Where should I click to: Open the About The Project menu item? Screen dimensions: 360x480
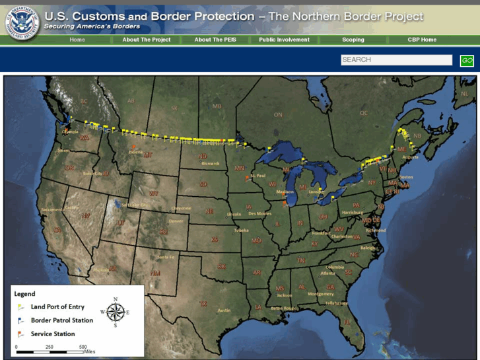click(146, 40)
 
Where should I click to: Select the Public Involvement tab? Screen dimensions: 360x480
click(284, 40)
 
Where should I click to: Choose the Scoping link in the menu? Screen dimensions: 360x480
click(353, 40)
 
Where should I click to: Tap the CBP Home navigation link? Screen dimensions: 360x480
click(422, 40)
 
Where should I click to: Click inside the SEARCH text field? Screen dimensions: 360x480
click(396, 60)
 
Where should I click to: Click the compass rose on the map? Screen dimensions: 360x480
click(115, 312)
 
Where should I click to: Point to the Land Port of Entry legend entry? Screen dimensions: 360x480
click(57, 306)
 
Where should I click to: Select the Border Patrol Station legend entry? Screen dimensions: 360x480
click(61, 320)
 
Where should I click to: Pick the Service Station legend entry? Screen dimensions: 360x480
click(53, 334)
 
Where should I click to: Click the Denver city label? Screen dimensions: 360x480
click(176, 221)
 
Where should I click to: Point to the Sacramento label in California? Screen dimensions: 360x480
click(53, 209)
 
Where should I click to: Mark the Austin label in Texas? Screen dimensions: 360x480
click(224, 310)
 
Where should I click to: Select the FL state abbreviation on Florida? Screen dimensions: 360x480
click(346, 322)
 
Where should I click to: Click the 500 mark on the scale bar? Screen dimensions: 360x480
click(83, 347)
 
